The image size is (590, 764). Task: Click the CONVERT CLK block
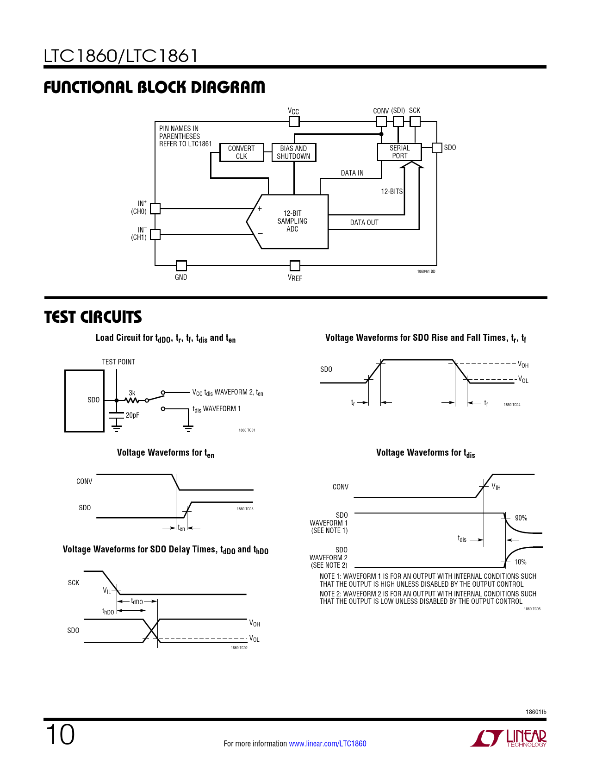(x=242, y=152)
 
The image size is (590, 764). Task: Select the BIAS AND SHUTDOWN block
(x=294, y=152)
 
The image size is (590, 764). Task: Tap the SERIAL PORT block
(x=399, y=152)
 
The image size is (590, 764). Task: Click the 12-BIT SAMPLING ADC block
(x=292, y=221)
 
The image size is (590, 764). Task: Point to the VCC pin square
(x=294, y=121)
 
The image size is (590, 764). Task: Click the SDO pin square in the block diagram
(x=437, y=148)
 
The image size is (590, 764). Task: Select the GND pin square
(x=181, y=266)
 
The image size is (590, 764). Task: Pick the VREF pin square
(x=295, y=266)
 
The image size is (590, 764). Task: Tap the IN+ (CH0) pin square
(x=155, y=208)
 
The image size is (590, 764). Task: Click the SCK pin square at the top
(x=415, y=121)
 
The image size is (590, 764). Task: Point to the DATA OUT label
(x=364, y=223)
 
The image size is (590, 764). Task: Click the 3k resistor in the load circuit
(x=132, y=400)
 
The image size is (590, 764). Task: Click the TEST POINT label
(x=118, y=362)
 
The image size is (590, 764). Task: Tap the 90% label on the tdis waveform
(x=521, y=518)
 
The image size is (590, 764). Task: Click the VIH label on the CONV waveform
(x=496, y=487)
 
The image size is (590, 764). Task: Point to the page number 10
(x=60, y=735)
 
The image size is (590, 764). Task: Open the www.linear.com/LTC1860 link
(x=328, y=744)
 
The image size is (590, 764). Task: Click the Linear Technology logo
(x=509, y=738)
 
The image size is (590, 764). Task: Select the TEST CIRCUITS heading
(x=93, y=317)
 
